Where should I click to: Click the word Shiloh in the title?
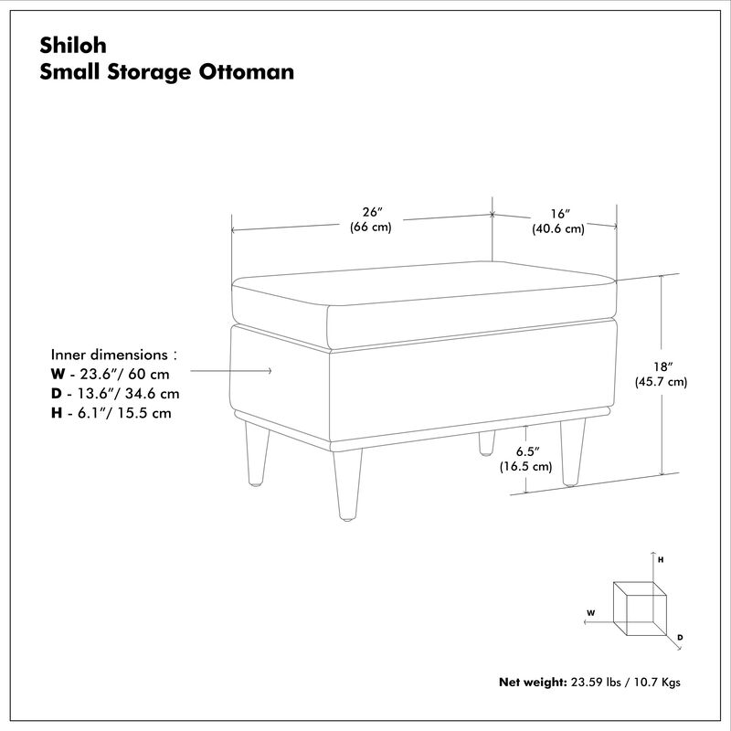click(x=73, y=45)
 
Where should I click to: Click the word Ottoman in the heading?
click(x=247, y=72)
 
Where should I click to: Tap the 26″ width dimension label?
click(x=372, y=212)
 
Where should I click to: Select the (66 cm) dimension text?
click(x=371, y=227)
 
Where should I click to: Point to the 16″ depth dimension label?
click(x=560, y=214)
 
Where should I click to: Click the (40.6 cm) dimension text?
click(x=558, y=229)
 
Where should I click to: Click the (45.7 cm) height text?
click(x=661, y=382)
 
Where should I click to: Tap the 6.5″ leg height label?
click(x=527, y=451)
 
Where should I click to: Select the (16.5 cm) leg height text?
click(x=526, y=466)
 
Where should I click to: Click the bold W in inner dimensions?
click(x=58, y=374)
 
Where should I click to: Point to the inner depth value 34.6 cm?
click(x=152, y=394)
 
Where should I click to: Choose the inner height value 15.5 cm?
click(x=144, y=413)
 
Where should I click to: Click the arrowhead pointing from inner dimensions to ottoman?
click(x=269, y=371)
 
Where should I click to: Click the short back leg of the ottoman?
click(x=486, y=443)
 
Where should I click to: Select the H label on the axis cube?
click(x=661, y=560)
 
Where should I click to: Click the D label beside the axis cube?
click(x=680, y=637)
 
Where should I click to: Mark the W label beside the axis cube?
click(x=590, y=613)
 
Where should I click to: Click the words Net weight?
click(x=533, y=682)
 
